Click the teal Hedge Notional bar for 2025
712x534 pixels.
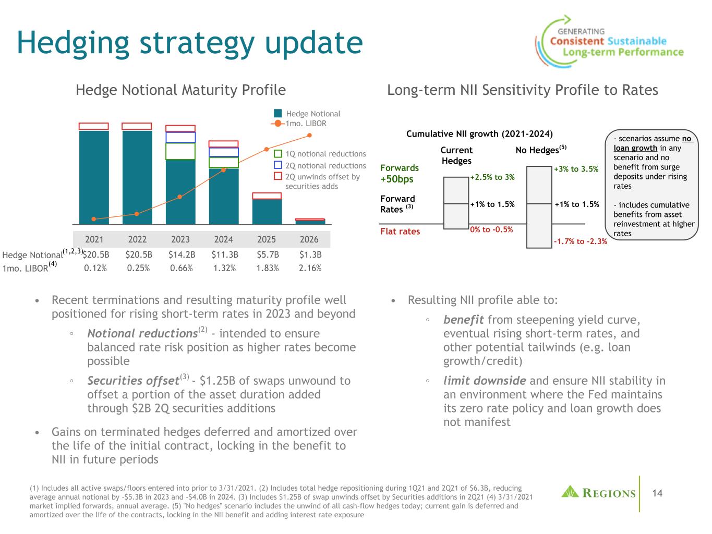tap(267, 212)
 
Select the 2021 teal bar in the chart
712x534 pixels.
tap(94, 177)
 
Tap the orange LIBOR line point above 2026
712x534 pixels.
tap(309, 135)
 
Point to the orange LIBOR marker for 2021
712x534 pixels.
tap(94, 219)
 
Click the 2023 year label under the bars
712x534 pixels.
tap(180, 239)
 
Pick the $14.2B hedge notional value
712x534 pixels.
tap(180, 255)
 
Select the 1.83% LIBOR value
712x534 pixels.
tap(267, 268)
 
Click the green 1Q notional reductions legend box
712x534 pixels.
tap(278, 154)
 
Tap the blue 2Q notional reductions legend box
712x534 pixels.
tap(278, 165)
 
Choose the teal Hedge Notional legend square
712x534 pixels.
tap(278, 113)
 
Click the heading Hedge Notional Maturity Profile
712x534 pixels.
tap(180, 90)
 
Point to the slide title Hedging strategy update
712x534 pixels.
tap(189, 43)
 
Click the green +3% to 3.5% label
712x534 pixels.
tap(576, 169)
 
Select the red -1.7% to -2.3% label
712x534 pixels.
tap(580, 241)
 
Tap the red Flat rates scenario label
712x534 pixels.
tap(400, 231)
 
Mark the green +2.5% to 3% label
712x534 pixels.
tap(492, 177)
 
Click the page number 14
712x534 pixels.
tap(657, 493)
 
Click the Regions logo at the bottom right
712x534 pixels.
tap(598, 492)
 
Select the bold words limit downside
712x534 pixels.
tap(485, 381)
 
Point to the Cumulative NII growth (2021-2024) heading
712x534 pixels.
tap(479, 134)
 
